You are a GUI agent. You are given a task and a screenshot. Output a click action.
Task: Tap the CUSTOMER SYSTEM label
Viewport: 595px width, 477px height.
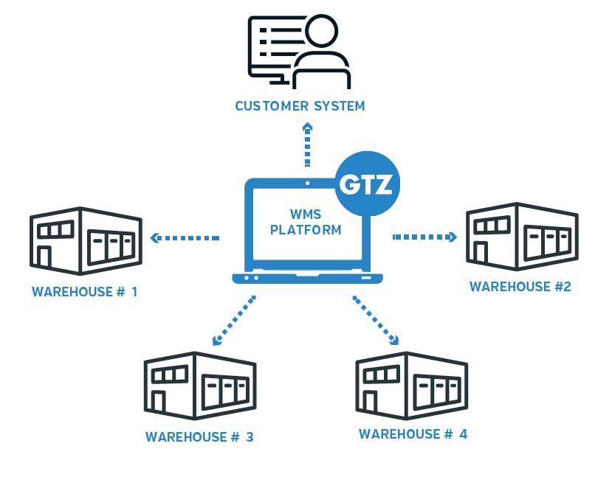click(x=300, y=106)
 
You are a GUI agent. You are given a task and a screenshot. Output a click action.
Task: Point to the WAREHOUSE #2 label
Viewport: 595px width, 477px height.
click(x=520, y=287)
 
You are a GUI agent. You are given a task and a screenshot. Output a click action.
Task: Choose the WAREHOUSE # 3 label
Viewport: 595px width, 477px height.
click(x=199, y=437)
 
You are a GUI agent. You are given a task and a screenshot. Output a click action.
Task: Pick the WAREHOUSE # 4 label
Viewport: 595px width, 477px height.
click(x=413, y=434)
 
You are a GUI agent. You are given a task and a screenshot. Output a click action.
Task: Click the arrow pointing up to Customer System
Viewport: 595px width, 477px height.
click(x=306, y=145)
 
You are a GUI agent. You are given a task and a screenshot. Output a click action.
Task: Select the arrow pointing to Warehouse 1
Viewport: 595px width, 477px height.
click(x=185, y=238)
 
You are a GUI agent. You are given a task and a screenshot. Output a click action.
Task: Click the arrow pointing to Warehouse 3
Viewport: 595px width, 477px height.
click(x=233, y=321)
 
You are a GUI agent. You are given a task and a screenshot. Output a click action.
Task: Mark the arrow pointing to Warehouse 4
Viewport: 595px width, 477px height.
click(x=376, y=321)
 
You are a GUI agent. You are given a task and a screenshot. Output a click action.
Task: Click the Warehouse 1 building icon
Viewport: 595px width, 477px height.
click(x=84, y=240)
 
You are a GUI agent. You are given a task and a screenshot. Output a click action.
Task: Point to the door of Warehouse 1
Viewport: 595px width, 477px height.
click(x=44, y=257)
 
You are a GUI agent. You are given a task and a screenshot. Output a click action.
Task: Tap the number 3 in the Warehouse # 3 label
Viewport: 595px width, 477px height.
click(x=249, y=437)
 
